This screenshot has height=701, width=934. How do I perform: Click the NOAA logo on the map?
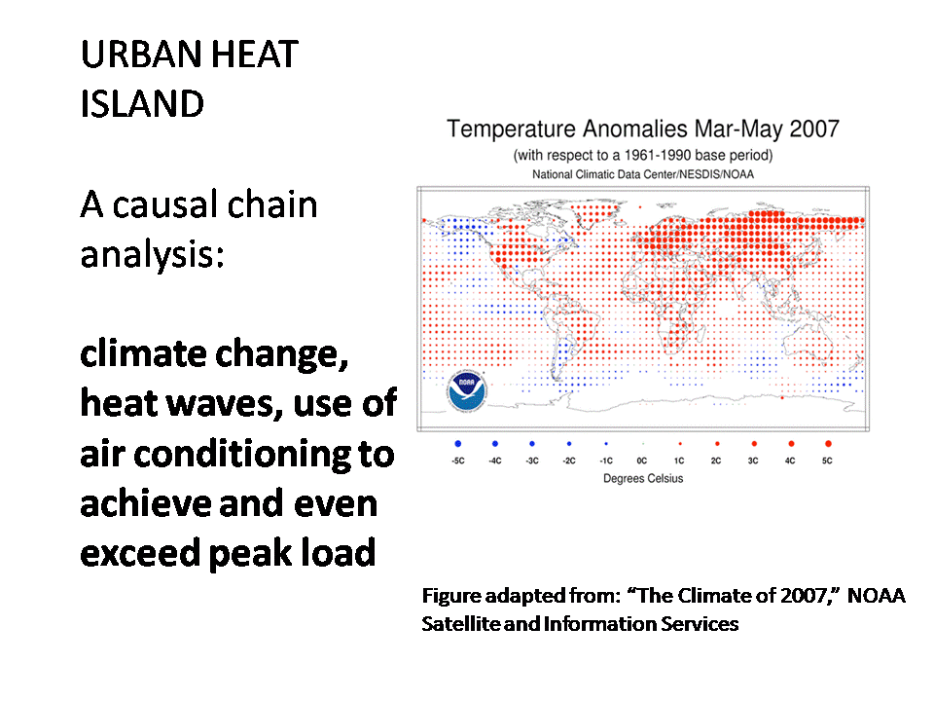(467, 391)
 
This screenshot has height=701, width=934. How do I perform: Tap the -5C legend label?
(458, 461)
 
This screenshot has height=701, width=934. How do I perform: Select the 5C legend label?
(827, 461)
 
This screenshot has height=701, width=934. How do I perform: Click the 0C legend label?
(641, 461)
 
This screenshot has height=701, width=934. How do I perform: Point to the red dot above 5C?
(828, 444)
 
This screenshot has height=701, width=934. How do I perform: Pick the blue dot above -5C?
(458, 444)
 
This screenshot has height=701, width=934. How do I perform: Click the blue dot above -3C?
(532, 444)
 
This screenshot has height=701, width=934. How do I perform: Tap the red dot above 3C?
(754, 444)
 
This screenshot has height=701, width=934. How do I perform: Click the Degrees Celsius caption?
(643, 479)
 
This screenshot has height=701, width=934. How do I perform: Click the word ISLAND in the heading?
(142, 104)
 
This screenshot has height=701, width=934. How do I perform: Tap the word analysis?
(153, 255)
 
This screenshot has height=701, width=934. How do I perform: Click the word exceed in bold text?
(140, 553)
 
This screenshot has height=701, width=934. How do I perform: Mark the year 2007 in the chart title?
(814, 129)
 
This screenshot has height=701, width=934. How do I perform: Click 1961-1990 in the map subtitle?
(658, 156)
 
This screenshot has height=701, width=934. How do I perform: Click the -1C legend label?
(606, 461)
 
